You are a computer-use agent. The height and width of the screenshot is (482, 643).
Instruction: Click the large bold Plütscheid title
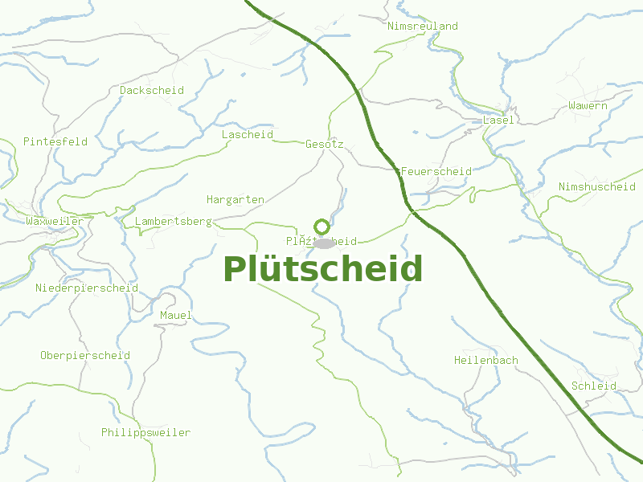pyautogui.click(x=322, y=270)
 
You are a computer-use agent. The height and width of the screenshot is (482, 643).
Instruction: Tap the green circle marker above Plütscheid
pyautogui.click(x=322, y=227)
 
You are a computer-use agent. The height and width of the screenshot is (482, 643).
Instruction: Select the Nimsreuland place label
pyautogui.click(x=423, y=27)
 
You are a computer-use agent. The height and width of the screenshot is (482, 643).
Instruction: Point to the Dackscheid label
pyautogui.click(x=152, y=91)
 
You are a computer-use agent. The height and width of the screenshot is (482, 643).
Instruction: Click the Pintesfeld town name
pyautogui.click(x=55, y=142)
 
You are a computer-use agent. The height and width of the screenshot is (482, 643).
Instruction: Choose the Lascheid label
pyautogui.click(x=248, y=135)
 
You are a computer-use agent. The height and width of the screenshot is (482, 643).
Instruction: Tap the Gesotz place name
pyautogui.click(x=325, y=145)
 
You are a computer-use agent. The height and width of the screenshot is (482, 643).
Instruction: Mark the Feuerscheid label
pyautogui.click(x=436, y=172)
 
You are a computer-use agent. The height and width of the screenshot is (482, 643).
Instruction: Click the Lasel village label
pyautogui.click(x=498, y=120)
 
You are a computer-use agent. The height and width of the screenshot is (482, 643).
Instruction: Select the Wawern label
pyautogui.click(x=588, y=106)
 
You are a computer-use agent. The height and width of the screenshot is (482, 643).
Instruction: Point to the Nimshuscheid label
pyautogui.click(x=597, y=187)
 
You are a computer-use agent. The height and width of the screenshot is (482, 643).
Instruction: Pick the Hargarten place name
pyautogui.click(x=235, y=200)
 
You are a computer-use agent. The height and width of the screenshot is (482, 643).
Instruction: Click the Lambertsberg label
pyautogui.click(x=173, y=221)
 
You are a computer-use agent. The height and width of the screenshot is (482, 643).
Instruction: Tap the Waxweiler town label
pyautogui.click(x=55, y=221)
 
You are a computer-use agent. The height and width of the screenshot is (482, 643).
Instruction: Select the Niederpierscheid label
pyautogui.click(x=87, y=288)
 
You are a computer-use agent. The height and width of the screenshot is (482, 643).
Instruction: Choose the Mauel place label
pyautogui.click(x=176, y=316)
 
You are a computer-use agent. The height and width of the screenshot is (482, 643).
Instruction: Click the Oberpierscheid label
pyautogui.click(x=85, y=356)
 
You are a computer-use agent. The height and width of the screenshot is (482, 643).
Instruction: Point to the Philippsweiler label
pyautogui.click(x=145, y=433)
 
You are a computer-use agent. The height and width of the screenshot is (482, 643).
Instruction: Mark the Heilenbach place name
pyautogui.click(x=485, y=361)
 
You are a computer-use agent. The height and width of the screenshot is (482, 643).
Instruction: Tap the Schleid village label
pyautogui.click(x=594, y=386)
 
